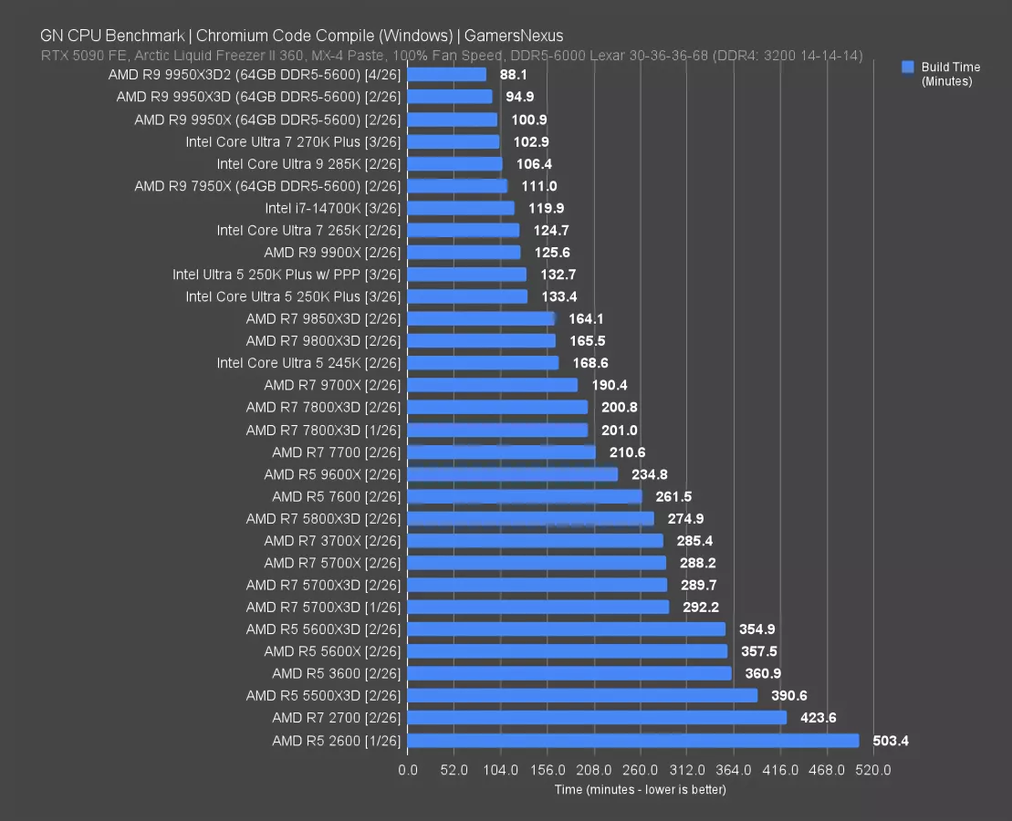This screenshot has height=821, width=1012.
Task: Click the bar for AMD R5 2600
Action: click(x=633, y=741)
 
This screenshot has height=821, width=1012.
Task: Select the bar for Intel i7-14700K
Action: click(x=461, y=208)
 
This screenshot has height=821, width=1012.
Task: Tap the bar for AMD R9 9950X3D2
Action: click(x=447, y=75)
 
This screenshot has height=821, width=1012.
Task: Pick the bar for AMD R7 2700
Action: click(x=597, y=718)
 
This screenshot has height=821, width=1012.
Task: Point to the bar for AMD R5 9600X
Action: click(x=513, y=474)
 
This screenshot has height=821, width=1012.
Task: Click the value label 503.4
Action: click(x=890, y=741)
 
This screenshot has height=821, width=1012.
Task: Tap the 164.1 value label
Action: click(x=586, y=319)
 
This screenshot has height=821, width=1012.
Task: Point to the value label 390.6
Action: click(x=788, y=696)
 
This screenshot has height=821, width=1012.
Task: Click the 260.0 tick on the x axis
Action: click(x=641, y=770)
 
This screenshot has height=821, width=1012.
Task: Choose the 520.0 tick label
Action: click(x=873, y=770)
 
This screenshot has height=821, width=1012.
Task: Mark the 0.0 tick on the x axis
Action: click(x=408, y=770)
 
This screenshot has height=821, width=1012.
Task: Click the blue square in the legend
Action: click(x=907, y=67)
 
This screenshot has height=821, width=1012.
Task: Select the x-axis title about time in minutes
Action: click(x=640, y=789)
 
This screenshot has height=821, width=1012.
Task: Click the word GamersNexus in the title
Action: click(x=513, y=36)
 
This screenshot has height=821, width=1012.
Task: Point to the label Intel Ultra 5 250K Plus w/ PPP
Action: click(x=287, y=275)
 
